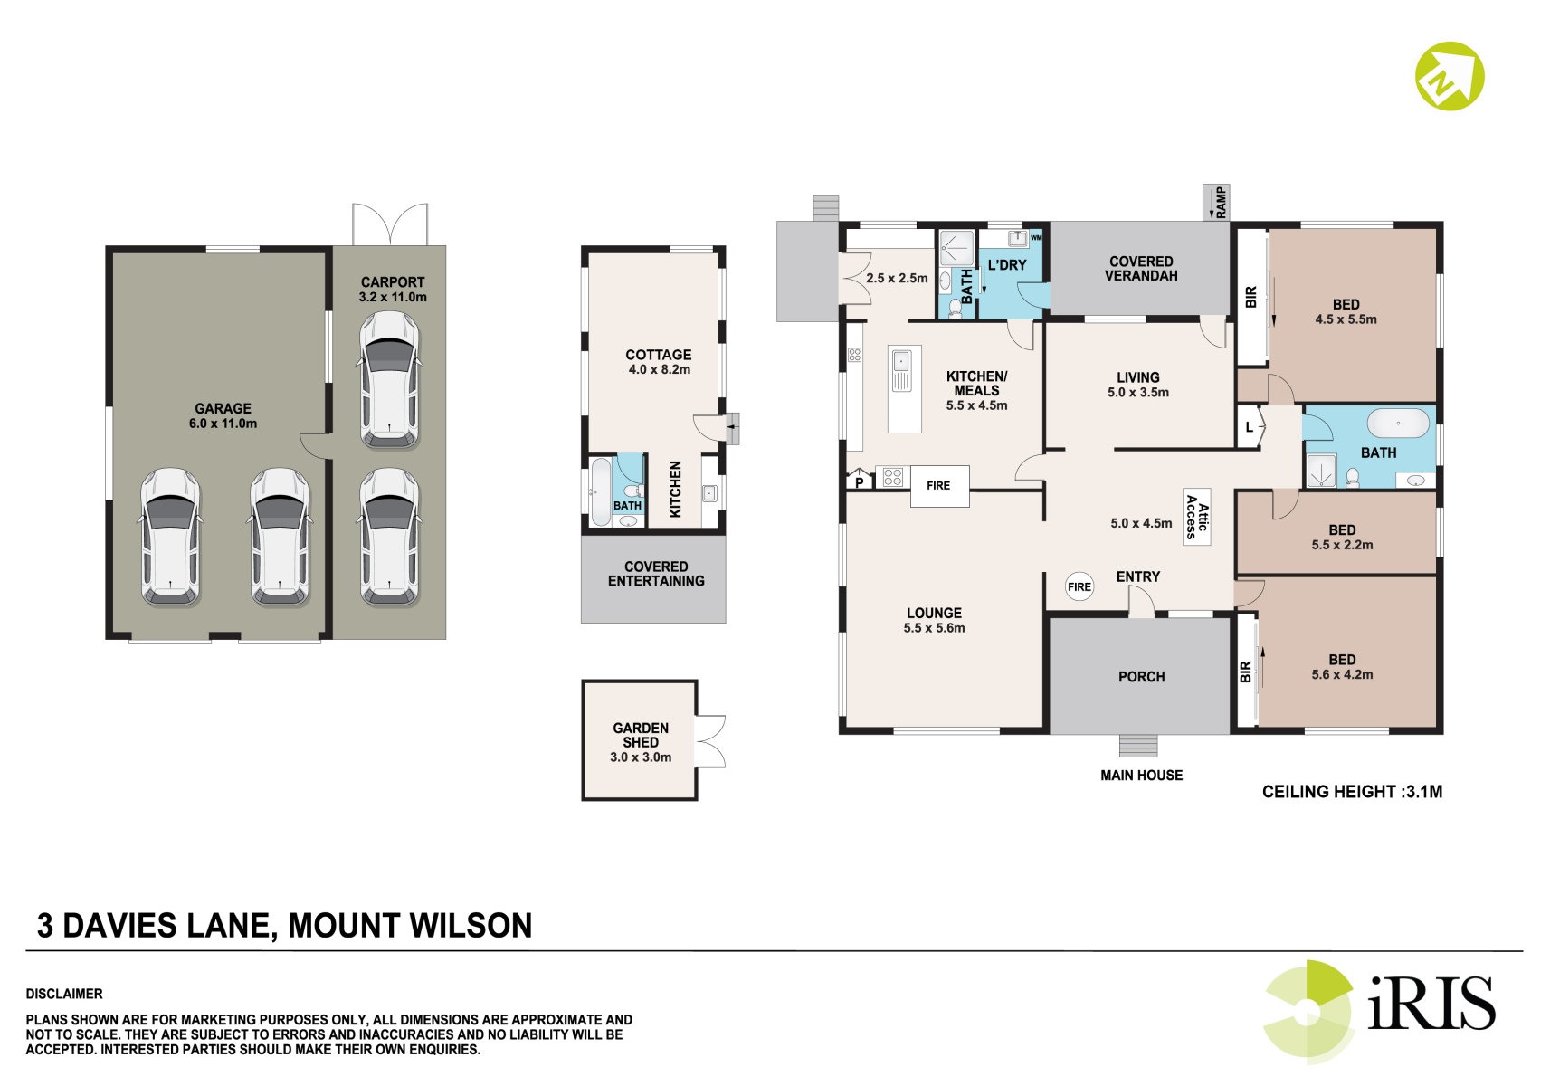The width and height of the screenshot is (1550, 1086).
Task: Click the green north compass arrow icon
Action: coord(1450,76)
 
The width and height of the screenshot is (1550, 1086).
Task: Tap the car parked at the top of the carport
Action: coord(390,379)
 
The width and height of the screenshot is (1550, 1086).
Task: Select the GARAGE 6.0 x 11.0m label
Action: coord(223,416)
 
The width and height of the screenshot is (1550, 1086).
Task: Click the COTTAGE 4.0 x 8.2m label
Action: coord(659,362)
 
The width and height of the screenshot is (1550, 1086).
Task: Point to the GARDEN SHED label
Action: coord(641,735)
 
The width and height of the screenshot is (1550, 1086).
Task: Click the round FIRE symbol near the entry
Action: coord(1079,587)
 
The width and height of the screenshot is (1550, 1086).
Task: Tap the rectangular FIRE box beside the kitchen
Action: coord(939,486)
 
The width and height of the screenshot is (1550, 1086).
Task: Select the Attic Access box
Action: coord(1196,517)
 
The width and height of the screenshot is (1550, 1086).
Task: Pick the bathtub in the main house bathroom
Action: coord(1398,423)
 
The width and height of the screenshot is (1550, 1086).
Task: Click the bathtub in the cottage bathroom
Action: coord(601,491)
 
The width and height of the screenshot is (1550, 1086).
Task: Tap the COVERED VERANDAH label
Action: coord(1141,269)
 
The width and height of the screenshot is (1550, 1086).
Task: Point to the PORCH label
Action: coord(1142,677)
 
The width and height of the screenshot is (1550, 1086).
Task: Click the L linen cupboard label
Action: coord(1249,427)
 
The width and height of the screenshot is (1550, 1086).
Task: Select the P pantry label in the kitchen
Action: coord(860,482)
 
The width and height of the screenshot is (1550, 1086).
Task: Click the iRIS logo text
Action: coord(1431,1004)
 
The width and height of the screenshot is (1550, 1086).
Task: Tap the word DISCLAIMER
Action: coord(64,994)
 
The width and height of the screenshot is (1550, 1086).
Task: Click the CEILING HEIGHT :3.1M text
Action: coord(1352,792)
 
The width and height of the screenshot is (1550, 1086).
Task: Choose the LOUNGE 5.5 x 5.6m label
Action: coord(934,620)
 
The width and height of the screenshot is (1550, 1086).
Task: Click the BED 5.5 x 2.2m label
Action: coord(1342,537)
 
